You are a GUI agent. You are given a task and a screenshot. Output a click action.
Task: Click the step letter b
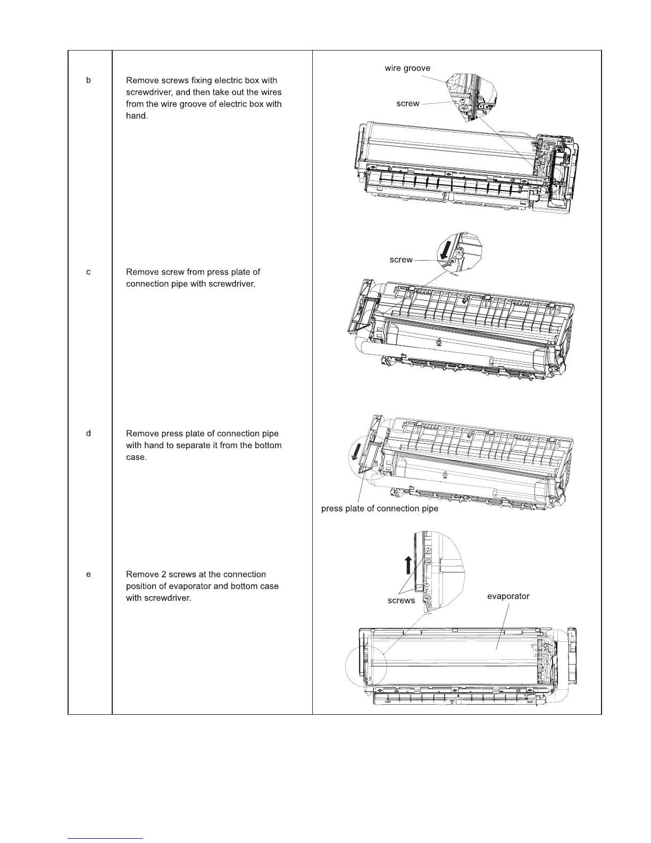[89, 80]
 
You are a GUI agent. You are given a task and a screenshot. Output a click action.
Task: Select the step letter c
[89, 272]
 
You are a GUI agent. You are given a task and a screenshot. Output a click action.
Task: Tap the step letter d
[89, 433]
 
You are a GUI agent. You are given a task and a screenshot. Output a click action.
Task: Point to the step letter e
[89, 574]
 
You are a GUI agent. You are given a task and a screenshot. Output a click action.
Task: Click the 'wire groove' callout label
[407, 68]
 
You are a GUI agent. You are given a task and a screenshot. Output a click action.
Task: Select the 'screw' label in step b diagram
[408, 104]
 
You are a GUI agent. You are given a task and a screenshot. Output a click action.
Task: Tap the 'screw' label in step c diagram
[401, 260]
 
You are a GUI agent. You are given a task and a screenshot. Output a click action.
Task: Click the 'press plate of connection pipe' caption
[380, 509]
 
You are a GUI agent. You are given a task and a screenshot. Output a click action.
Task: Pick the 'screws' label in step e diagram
[401, 600]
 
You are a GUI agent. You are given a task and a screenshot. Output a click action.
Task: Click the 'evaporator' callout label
[508, 596]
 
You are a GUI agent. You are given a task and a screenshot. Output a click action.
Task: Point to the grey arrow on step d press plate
[353, 453]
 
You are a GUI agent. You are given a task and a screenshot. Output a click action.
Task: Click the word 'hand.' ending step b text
[137, 116]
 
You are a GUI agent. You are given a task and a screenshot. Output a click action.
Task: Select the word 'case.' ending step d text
[136, 457]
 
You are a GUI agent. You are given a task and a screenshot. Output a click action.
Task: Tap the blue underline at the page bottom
[106, 838]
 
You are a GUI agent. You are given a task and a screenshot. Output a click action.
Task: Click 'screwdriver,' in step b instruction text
[148, 92]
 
